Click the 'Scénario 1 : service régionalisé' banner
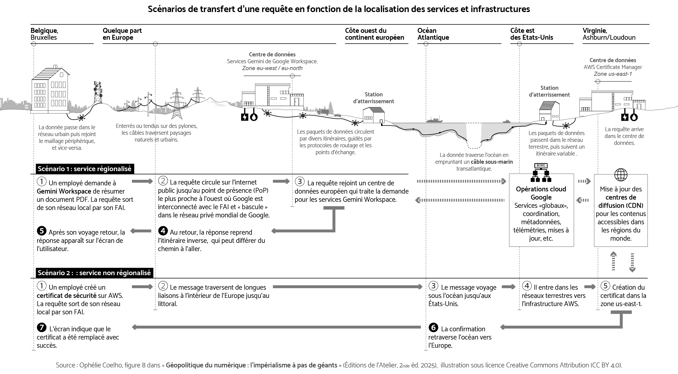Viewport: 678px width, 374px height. (84, 169)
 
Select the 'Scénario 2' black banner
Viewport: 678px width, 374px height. (94, 273)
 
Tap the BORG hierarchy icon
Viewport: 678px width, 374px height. (541, 173)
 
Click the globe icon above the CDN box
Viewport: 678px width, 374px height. (621, 175)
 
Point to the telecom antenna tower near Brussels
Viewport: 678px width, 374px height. (98, 92)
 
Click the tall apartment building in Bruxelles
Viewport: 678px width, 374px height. (50, 90)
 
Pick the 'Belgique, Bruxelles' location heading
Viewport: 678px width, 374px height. (44, 34)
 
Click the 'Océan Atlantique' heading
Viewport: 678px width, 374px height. (433, 34)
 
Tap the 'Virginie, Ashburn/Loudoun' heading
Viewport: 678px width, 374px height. (609, 34)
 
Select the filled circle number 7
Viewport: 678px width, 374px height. (41, 327)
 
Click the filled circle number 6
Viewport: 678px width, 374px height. (433, 327)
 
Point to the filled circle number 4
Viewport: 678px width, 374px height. (163, 231)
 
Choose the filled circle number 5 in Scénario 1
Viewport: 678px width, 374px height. (41, 231)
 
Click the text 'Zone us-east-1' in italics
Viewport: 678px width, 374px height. (612, 74)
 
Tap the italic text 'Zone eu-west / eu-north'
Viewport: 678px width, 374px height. (272, 68)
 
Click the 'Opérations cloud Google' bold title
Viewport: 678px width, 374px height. (541, 193)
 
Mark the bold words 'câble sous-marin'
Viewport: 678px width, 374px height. (492, 162)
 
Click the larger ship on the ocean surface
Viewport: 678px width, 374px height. (434, 120)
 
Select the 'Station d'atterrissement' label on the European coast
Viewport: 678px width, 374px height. (373, 98)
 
